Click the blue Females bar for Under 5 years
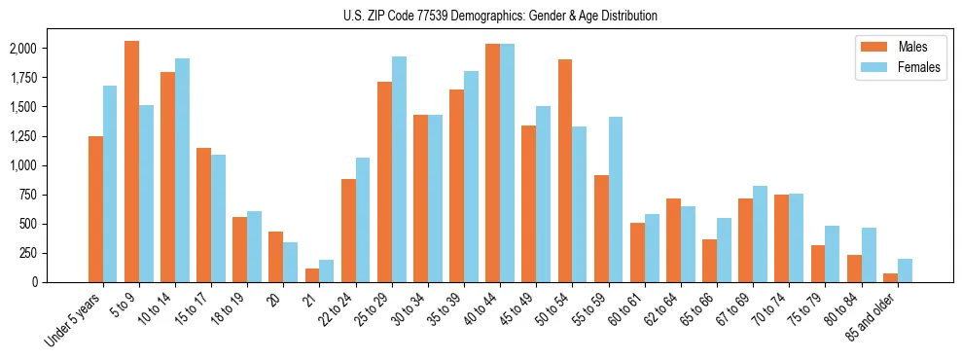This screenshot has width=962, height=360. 110,184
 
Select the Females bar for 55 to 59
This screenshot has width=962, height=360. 616,199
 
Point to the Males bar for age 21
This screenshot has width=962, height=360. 312,275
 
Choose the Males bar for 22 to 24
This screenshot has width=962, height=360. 348,231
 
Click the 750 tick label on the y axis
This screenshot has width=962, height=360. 25,195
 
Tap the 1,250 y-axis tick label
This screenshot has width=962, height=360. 21,136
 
